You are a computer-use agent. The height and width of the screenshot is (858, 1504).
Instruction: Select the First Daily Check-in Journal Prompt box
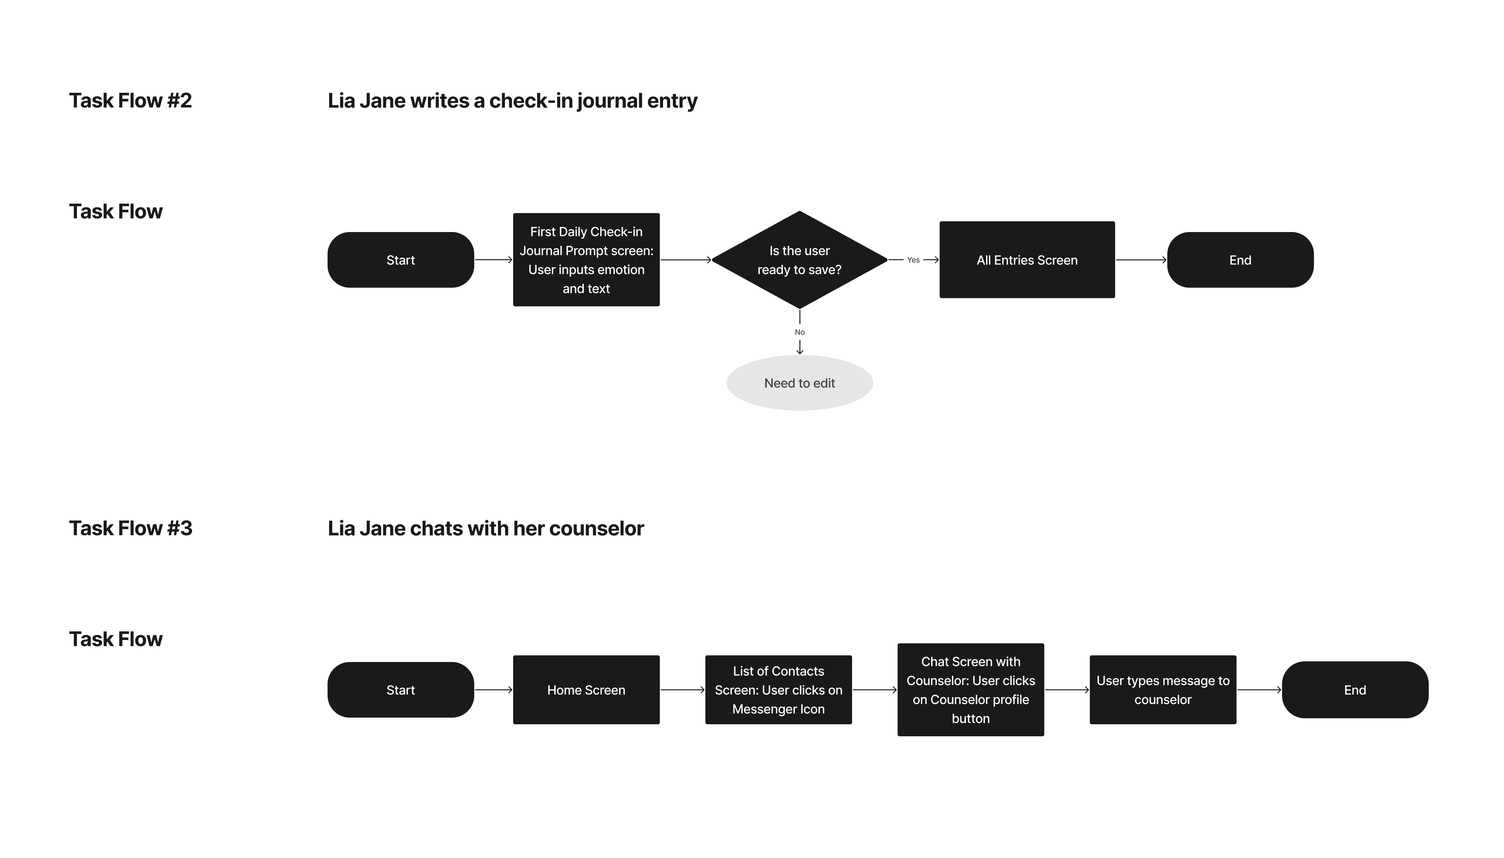click(586, 260)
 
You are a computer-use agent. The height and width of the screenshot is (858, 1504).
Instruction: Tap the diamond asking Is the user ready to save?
click(800, 260)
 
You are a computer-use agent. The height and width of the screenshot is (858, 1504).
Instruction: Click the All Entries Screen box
click(1027, 260)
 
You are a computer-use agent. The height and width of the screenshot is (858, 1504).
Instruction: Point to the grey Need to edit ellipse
click(800, 383)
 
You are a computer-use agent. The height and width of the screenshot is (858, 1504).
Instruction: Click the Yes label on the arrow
click(913, 260)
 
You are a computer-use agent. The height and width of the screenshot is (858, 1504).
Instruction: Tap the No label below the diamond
click(800, 332)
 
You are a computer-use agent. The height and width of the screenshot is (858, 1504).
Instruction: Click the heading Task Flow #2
click(130, 101)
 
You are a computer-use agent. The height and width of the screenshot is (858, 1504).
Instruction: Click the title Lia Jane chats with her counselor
click(486, 529)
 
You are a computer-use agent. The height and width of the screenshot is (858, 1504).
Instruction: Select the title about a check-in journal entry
click(512, 101)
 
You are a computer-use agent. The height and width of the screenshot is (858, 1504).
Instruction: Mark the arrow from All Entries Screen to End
click(1141, 260)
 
